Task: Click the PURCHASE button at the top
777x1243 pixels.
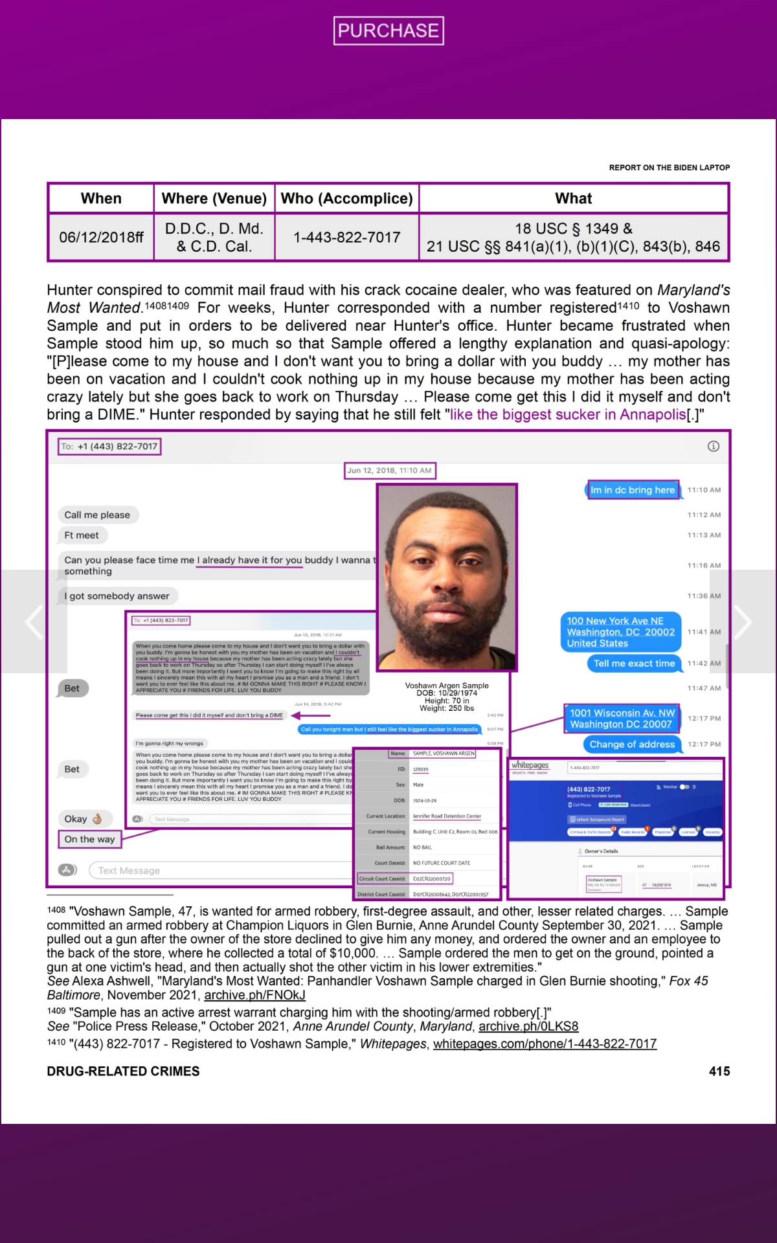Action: [388, 30]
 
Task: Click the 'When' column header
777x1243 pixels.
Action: [101, 199]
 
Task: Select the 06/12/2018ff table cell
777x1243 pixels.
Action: [101, 238]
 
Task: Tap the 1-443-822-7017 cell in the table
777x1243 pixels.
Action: [347, 238]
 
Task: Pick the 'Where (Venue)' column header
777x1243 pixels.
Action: [214, 199]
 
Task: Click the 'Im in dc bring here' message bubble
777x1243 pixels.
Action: [632, 490]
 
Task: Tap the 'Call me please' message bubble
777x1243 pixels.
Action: [97, 515]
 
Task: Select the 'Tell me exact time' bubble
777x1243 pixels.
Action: [634, 664]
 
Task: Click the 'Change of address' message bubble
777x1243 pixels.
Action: [632, 745]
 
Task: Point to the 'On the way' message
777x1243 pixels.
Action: [89, 840]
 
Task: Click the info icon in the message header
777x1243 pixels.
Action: [714, 446]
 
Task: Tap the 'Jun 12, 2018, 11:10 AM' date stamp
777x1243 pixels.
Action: [389, 471]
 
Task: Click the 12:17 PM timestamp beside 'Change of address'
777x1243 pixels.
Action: [704, 745]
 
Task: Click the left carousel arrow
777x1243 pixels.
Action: [34, 622]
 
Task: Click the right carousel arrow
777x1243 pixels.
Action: [743, 622]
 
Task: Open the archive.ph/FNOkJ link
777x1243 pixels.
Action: [254, 995]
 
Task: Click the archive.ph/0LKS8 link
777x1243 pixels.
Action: [528, 1027]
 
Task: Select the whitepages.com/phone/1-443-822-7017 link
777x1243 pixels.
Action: [545, 1044]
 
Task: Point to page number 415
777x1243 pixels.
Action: [719, 1071]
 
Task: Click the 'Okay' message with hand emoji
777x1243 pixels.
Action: [84, 819]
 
